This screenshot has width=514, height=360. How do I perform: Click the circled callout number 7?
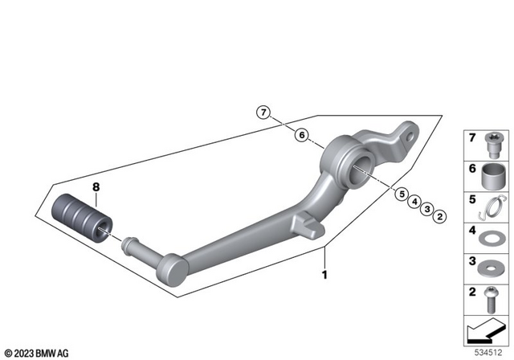pos(263,112)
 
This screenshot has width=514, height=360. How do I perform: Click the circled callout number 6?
pos(300,135)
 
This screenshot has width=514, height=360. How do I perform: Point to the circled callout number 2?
pos(443,215)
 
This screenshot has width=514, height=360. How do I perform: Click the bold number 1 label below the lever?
pos(325,274)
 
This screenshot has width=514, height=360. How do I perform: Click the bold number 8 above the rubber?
pos(96,188)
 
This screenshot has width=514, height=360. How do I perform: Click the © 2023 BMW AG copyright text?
pos(36,351)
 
